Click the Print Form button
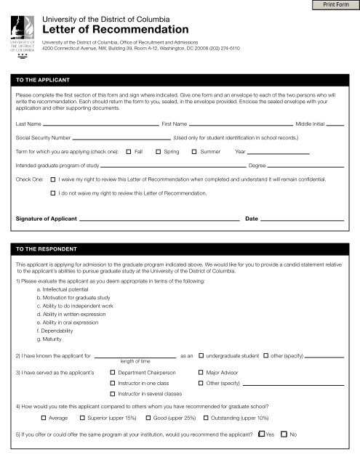[x=337, y=7]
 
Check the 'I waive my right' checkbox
[x=53, y=177]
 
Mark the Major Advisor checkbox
[x=201, y=371]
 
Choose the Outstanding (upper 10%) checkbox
[x=204, y=419]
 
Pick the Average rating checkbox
[x=43, y=419]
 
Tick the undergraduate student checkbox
[x=201, y=356]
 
